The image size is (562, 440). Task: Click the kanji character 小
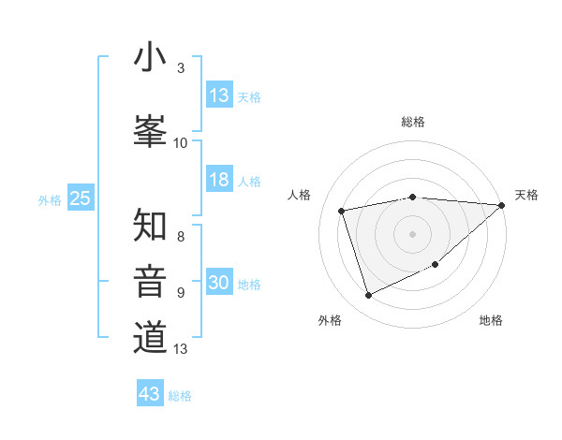tap(150, 58)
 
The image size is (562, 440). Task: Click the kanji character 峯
tap(150, 128)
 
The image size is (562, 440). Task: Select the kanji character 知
tap(150, 226)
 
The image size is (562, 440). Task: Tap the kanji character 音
tap(150, 281)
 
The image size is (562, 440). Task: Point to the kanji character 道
tap(150, 337)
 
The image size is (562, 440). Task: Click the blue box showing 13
tap(219, 95)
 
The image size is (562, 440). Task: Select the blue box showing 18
tap(219, 181)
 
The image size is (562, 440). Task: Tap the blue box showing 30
tap(219, 284)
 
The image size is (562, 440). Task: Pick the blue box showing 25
tap(80, 198)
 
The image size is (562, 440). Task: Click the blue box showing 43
tap(150, 394)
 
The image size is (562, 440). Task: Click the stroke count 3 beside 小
tap(181, 68)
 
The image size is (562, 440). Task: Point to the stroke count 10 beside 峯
tap(181, 142)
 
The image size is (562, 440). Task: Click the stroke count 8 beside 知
tap(181, 236)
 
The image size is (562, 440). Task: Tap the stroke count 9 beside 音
tap(181, 292)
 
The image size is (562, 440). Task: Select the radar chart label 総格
tap(413, 122)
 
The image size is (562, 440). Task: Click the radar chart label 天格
tap(527, 195)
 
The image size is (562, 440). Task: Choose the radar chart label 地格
tap(491, 321)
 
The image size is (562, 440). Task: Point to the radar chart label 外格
tap(330, 321)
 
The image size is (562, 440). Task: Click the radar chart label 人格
tap(300, 195)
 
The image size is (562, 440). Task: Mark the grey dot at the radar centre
tap(413, 233)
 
